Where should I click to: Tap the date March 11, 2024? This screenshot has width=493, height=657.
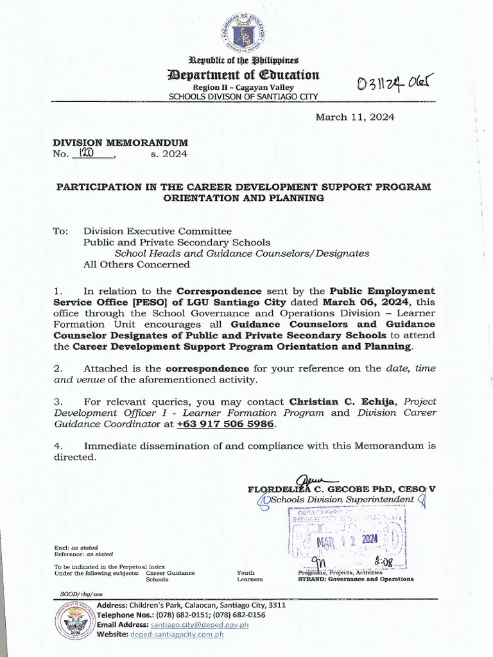click(x=354, y=117)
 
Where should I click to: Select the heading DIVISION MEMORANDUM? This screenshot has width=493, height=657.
click(x=121, y=142)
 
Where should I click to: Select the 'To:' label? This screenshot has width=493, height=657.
click(x=61, y=231)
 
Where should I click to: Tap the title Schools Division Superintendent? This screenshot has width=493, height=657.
click(x=342, y=499)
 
